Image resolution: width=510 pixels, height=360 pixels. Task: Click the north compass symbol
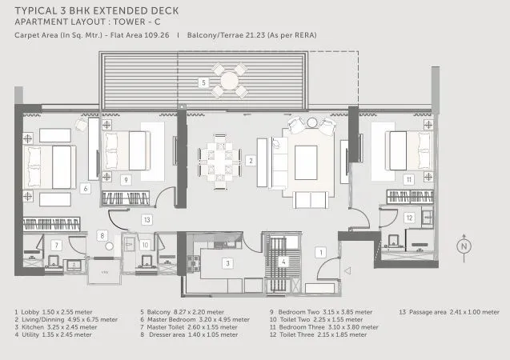point(464,248)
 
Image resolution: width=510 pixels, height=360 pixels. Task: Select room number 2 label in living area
point(251,161)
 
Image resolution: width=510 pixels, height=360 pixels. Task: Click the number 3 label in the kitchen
point(227,262)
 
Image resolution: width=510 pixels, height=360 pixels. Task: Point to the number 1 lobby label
point(320,253)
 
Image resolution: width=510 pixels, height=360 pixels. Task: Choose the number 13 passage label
point(146,218)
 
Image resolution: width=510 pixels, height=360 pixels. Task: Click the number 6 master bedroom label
point(85,189)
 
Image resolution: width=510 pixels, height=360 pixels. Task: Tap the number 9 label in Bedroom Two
point(126,181)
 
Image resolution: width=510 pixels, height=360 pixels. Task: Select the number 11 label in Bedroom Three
point(408,181)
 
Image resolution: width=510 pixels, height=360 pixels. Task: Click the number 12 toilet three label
point(408,217)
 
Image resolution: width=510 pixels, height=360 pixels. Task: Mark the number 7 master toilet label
point(56,245)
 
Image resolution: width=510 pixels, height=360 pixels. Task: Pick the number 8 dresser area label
point(102,235)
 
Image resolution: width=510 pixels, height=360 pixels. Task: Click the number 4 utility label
point(282,261)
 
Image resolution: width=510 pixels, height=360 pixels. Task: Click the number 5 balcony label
point(203,82)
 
